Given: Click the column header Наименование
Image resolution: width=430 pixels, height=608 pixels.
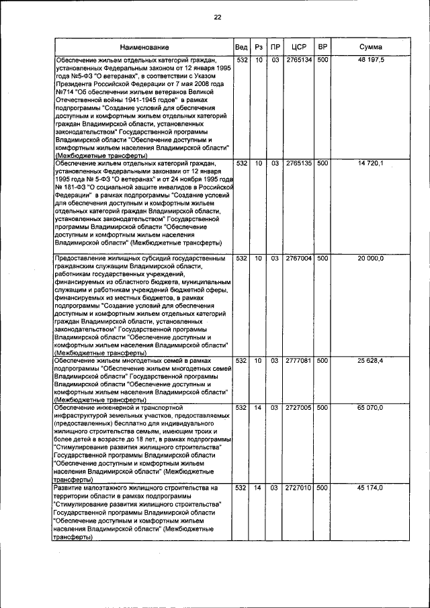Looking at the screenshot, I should point(144,48).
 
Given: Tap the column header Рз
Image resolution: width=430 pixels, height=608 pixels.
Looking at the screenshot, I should point(259,48).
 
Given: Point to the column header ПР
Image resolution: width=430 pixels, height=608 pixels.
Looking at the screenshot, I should point(275,48).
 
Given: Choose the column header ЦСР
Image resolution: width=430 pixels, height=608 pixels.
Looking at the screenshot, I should point(300,48).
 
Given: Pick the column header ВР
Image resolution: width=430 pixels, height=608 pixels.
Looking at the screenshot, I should point(323,48).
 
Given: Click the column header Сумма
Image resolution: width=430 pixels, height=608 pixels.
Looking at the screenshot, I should point(371,48).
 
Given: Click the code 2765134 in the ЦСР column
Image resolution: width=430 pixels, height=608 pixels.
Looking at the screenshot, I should point(298,60).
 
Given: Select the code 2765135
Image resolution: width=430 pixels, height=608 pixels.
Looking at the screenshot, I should point(298,163).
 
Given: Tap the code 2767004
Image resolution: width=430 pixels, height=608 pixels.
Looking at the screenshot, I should point(298,258).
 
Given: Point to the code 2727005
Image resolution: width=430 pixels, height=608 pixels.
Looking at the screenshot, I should point(298,408).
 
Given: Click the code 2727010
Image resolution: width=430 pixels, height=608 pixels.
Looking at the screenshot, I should point(298,487).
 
